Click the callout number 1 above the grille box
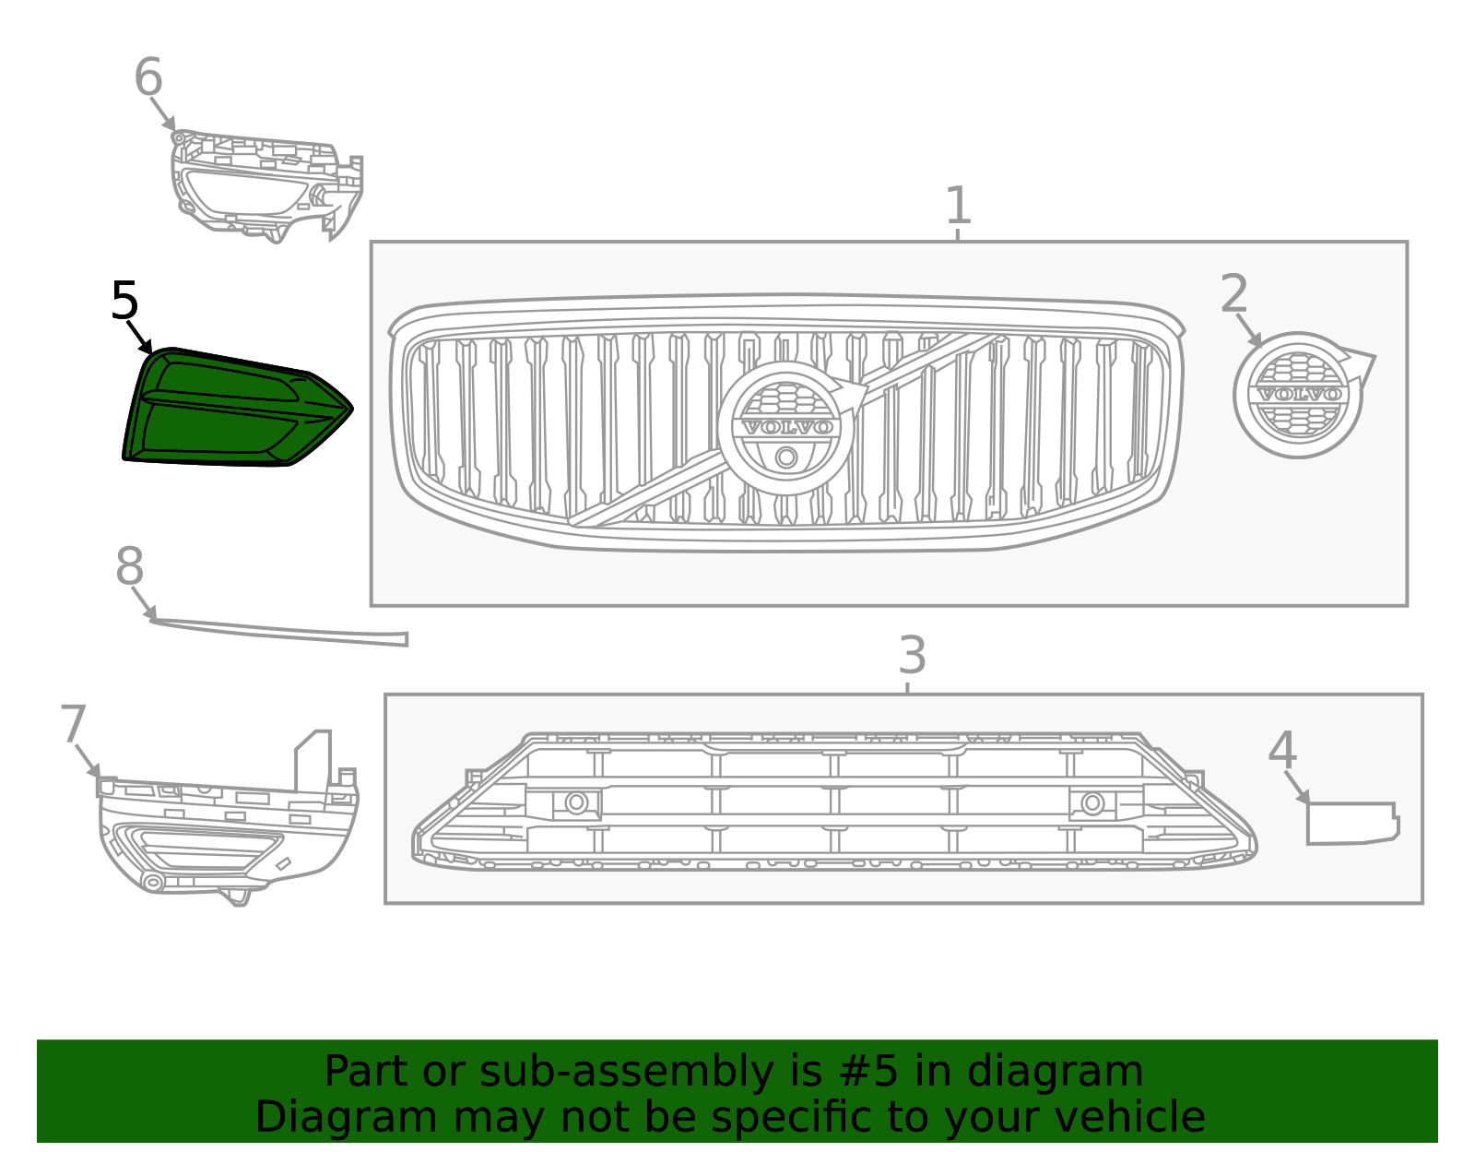click(958, 205)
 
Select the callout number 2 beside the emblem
click(1234, 293)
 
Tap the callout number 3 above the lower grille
click(913, 655)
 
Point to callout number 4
click(1283, 750)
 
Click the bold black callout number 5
click(124, 300)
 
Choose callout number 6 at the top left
click(148, 76)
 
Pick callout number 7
click(74, 724)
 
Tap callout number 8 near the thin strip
click(130, 565)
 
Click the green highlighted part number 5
click(238, 407)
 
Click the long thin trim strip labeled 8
click(279, 632)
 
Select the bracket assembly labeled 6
click(266, 185)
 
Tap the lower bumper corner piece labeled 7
click(228, 818)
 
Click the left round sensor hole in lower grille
click(576, 803)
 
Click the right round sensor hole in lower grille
click(1092, 803)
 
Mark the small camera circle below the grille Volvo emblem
click(786, 457)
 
